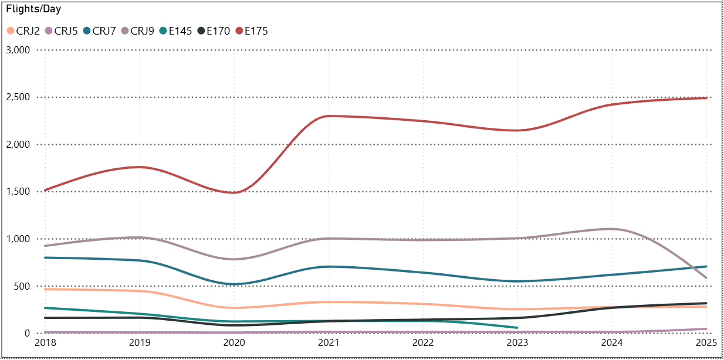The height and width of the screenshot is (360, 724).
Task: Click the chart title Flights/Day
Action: (x=33, y=9)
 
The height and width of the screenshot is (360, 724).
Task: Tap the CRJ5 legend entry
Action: (x=66, y=31)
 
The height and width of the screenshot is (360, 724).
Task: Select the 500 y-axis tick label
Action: (x=22, y=286)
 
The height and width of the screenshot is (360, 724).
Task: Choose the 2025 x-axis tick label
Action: (x=706, y=342)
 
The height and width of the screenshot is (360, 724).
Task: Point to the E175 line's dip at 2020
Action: (x=234, y=192)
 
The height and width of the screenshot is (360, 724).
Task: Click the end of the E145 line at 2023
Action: (x=517, y=328)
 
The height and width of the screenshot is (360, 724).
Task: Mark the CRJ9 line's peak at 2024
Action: (x=611, y=229)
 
